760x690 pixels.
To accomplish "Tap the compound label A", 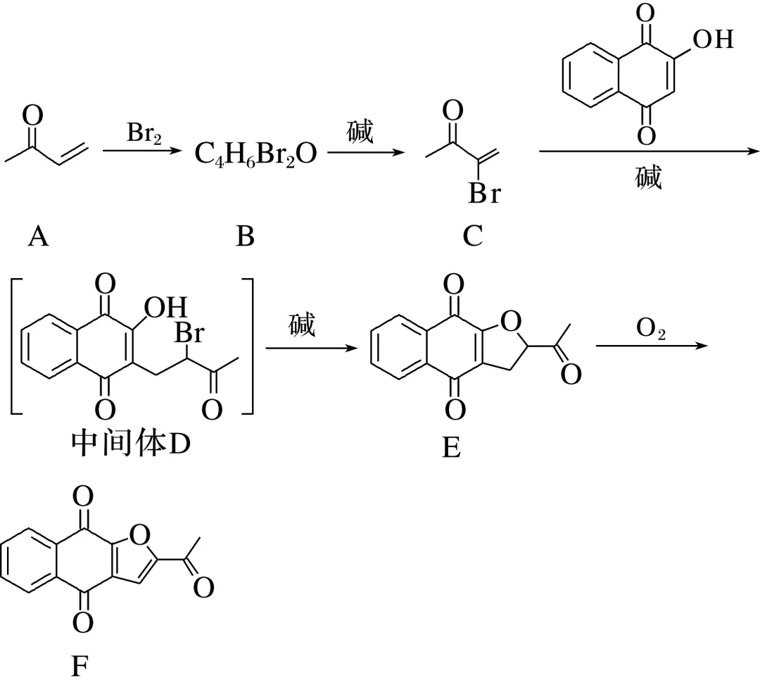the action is (38, 237).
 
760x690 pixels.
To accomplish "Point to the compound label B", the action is (244, 237).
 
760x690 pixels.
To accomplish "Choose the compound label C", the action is (473, 237).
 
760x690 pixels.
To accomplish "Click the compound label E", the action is (451, 446).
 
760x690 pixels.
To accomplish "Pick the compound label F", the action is (81, 665).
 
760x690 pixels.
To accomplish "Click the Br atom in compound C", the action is (485, 193).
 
